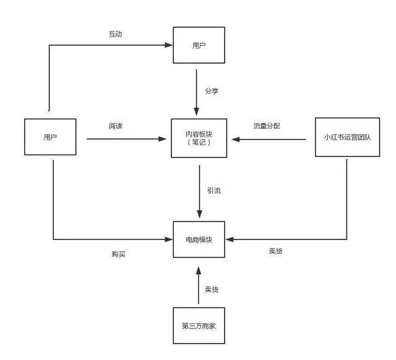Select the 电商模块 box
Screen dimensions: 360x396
coord(198,239)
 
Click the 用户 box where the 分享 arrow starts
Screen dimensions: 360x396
coord(197,45)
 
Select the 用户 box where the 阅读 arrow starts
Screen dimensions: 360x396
coord(49,137)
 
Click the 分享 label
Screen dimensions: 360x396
coord(212,91)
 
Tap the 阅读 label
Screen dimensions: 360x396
coord(115,126)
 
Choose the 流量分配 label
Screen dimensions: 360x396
coord(266,126)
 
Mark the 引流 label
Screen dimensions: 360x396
coord(213,191)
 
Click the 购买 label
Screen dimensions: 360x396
coord(118,254)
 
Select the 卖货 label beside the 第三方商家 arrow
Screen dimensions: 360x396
coord(212,289)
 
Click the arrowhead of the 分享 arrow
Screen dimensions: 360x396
coord(197,113)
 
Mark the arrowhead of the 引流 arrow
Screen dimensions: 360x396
coord(199,215)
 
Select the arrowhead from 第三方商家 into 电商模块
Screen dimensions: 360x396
coord(199,271)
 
